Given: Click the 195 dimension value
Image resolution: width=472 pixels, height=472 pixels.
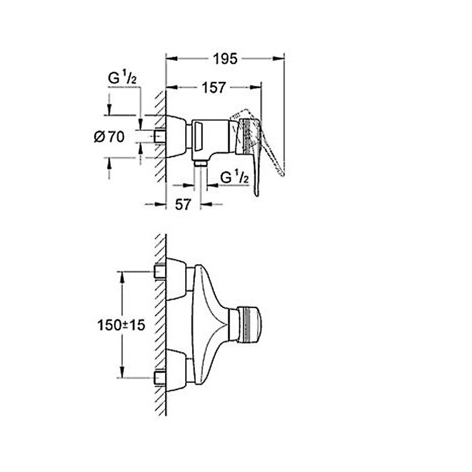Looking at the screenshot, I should [225, 58].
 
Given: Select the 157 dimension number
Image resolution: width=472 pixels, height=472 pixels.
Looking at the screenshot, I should [213, 87].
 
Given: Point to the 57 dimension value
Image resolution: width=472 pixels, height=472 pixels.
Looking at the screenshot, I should [183, 205].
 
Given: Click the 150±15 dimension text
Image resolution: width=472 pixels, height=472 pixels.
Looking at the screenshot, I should [122, 325].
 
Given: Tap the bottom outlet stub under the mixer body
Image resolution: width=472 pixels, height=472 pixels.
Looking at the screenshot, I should [201, 162].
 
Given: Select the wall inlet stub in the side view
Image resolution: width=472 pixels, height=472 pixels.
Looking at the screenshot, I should [159, 137].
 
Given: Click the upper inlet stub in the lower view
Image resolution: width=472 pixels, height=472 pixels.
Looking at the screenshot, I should [159, 271].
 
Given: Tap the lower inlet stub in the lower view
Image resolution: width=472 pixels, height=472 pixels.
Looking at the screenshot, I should [159, 377].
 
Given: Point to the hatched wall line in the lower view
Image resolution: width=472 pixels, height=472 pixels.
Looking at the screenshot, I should [159, 324].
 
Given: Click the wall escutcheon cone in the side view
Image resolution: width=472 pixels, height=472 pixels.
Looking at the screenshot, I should [176, 137].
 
